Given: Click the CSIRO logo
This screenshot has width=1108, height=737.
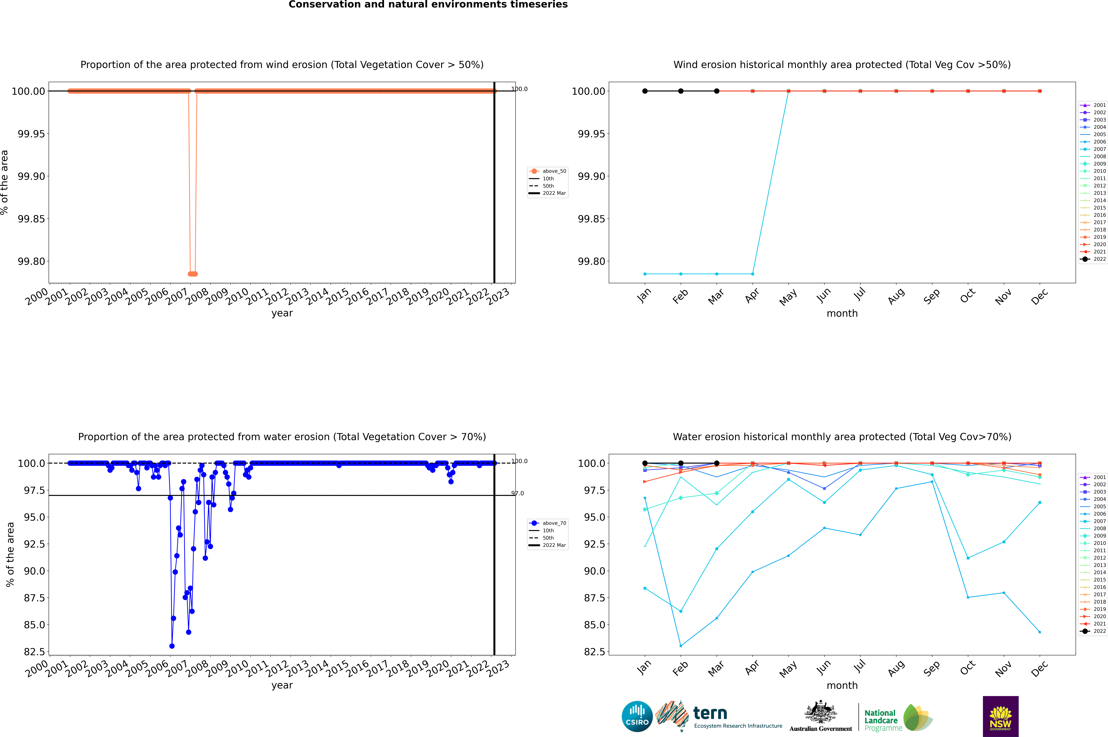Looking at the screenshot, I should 637,716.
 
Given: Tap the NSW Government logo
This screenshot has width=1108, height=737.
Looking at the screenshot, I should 1000,716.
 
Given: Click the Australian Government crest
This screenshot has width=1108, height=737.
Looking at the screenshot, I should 821,715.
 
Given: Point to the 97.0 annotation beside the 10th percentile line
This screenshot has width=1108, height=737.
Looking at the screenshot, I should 518,494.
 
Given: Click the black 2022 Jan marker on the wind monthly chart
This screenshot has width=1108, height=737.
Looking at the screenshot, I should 645,91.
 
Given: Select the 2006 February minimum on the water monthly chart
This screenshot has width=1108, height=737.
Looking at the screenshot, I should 681,646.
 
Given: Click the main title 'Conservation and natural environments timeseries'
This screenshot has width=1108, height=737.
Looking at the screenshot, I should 428,5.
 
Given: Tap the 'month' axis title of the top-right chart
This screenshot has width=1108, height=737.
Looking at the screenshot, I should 842,314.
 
